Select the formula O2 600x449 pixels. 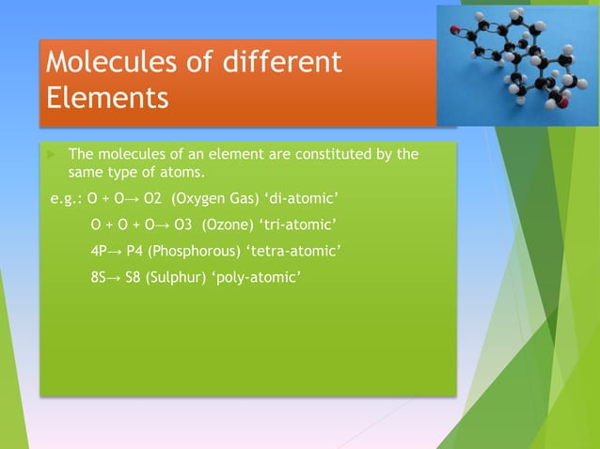click(150, 199)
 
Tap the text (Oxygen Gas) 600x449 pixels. click(213, 199)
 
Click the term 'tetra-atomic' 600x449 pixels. click(293, 252)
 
